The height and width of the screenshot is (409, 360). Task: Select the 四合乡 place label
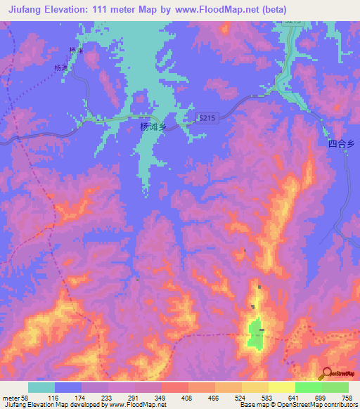pyautogui.click(x=342, y=144)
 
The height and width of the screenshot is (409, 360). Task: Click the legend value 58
pyautogui.click(x=27, y=398)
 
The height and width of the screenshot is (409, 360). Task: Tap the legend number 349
pyautogui.click(x=160, y=398)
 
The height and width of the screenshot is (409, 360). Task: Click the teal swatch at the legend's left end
pyautogui.click(x=41, y=387)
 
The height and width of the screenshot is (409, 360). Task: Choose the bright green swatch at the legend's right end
pyautogui.click(x=335, y=387)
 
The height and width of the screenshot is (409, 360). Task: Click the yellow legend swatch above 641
pyautogui.click(x=282, y=387)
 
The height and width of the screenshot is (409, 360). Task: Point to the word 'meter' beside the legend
pyautogui.click(x=11, y=398)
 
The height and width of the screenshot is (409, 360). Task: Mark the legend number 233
pyautogui.click(x=107, y=398)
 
